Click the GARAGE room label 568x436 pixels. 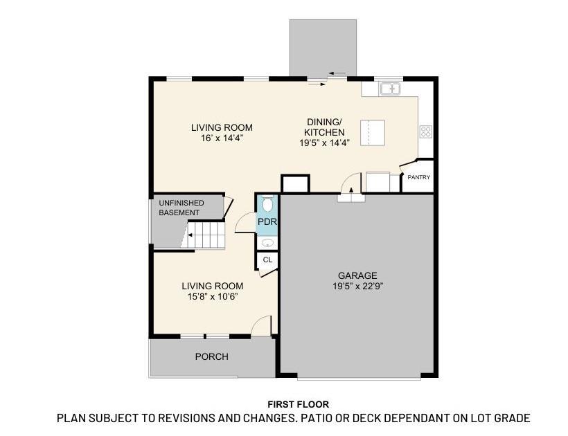click(357, 275)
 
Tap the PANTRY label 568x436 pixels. click(418, 178)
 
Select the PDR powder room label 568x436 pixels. click(267, 221)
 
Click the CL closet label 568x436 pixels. click(267, 260)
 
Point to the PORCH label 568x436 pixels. click(211, 356)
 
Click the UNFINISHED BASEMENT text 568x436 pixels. click(181, 208)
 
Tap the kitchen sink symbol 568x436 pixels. click(391, 89)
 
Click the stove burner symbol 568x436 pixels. click(425, 131)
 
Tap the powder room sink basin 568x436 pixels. click(267, 243)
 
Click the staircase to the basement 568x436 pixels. click(206, 235)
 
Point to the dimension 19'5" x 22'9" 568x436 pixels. click(357, 285)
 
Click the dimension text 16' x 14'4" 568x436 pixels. click(222, 138)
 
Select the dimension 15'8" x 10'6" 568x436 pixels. click(212, 296)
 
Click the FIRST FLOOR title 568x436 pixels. click(298, 404)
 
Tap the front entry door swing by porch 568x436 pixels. click(260, 326)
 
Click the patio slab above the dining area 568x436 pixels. click(323, 46)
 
